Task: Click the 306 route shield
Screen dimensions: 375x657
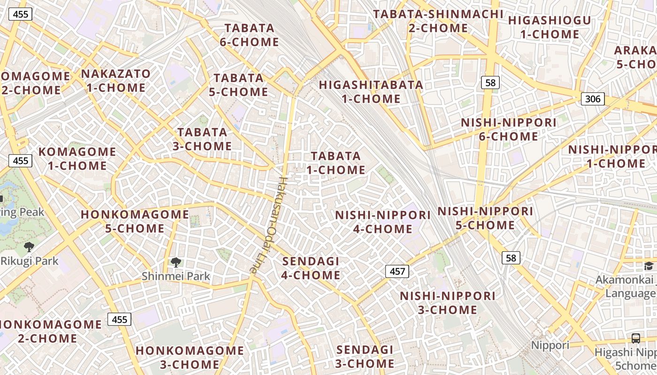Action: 593,99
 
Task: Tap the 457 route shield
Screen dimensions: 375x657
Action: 397,271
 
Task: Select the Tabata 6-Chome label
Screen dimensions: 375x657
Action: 250,35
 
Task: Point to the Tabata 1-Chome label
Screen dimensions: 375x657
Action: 336,163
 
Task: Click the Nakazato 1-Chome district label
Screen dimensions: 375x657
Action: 116,81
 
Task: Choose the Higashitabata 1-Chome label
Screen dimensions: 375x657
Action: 371,92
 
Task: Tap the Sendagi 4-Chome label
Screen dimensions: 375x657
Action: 311,268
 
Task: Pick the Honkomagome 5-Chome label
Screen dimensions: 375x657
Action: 135,221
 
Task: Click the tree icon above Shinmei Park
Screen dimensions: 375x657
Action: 176,262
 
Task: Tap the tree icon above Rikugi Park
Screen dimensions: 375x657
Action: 29,247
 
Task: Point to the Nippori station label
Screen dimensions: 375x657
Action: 550,345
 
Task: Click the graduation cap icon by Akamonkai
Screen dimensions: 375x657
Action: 649,266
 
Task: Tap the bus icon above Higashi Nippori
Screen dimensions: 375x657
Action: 635,338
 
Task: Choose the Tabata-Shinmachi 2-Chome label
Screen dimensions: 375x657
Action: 438,21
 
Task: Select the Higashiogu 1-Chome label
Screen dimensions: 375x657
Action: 550,27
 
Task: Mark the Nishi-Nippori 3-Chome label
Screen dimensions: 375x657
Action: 447,303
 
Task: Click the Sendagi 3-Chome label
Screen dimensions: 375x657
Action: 365,357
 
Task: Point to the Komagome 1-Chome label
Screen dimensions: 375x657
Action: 77,158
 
